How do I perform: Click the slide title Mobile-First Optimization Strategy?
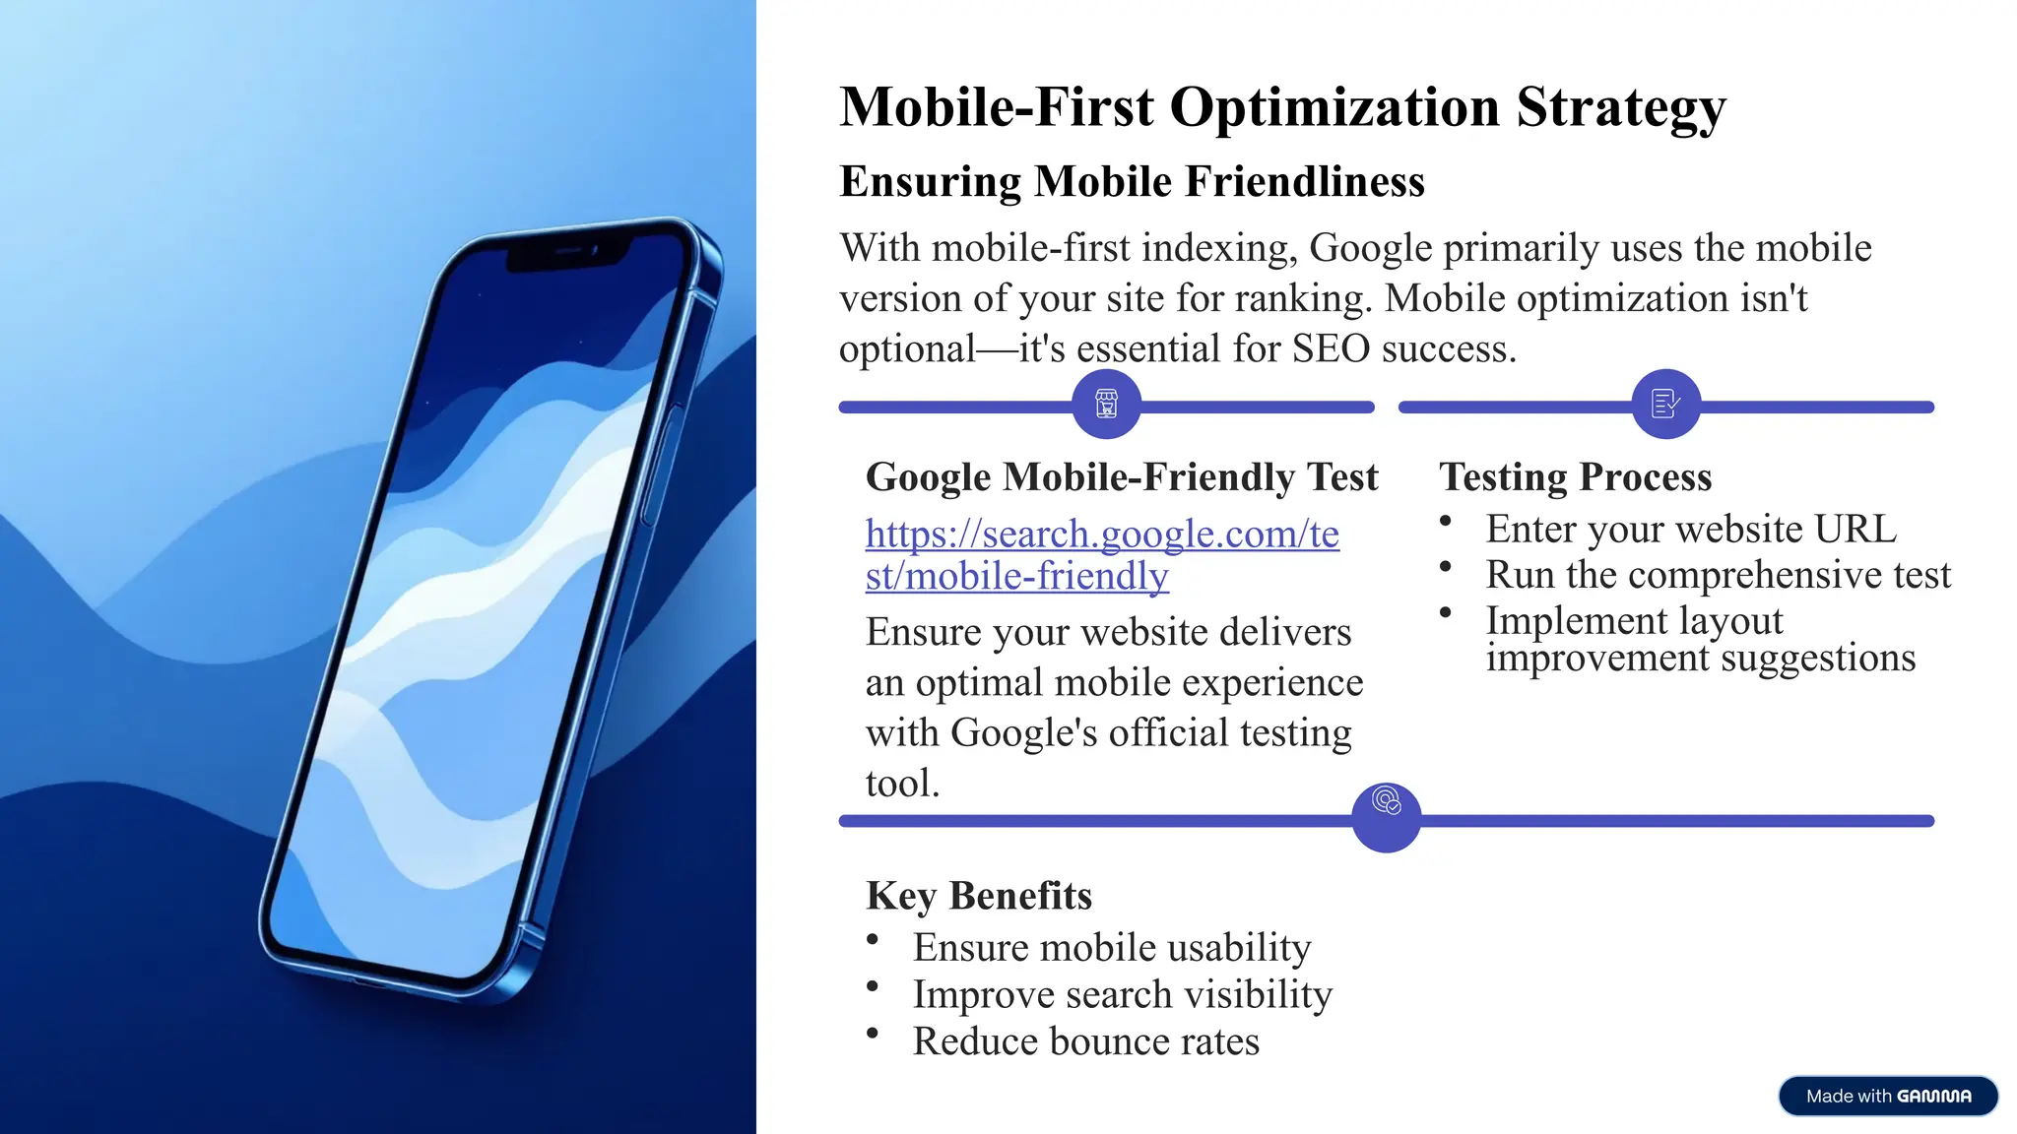pyautogui.click(x=1281, y=106)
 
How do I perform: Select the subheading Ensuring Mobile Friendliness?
pyautogui.click(x=1132, y=181)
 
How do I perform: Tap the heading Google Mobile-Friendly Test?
pyautogui.click(x=1121, y=476)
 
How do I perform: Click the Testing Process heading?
pyautogui.click(x=1575, y=476)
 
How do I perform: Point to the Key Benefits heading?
pyautogui.click(x=978, y=896)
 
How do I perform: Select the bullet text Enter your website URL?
pyautogui.click(x=1690, y=529)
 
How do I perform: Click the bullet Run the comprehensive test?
pyautogui.click(x=1718, y=574)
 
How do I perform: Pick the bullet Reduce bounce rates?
pyautogui.click(x=1085, y=1041)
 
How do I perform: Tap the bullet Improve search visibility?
pyautogui.click(x=1122, y=994)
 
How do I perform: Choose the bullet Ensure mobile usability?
pyautogui.click(x=1111, y=947)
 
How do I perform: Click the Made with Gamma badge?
pyautogui.click(x=1887, y=1096)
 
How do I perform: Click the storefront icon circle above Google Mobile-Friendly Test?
pyautogui.click(x=1106, y=404)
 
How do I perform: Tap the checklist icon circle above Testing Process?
pyautogui.click(x=1665, y=404)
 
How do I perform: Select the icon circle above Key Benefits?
pyautogui.click(x=1386, y=817)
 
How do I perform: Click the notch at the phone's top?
pyautogui.click(x=568, y=254)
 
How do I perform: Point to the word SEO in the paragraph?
pyautogui.click(x=1331, y=348)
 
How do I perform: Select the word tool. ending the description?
pyautogui.click(x=902, y=784)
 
